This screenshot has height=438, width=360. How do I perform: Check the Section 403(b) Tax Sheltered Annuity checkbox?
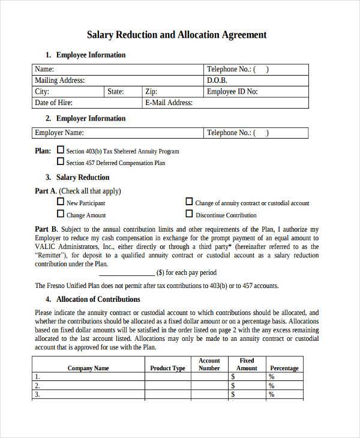[x=60, y=150]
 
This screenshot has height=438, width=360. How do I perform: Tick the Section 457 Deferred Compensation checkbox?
[x=60, y=161]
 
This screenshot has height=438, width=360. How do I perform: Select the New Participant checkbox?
[x=60, y=202]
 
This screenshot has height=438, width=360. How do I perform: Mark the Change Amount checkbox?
[x=60, y=214]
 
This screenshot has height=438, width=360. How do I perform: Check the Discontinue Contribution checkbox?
[x=189, y=214]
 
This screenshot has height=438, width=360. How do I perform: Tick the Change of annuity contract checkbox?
[x=189, y=202]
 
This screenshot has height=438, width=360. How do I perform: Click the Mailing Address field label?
[x=60, y=80]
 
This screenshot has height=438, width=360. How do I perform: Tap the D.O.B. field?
[x=256, y=80]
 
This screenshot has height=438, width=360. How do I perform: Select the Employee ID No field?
[x=256, y=92]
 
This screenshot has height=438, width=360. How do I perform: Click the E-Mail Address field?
[x=226, y=103]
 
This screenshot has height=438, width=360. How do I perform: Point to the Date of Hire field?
[x=87, y=103]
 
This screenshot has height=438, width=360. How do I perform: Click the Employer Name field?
[x=117, y=133]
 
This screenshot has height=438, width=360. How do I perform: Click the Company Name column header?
[x=88, y=368]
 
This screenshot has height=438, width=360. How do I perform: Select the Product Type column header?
[x=167, y=368]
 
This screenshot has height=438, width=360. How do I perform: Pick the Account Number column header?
[x=209, y=364]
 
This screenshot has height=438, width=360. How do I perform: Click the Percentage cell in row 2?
[x=287, y=386]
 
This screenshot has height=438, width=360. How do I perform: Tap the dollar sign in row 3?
[x=233, y=395]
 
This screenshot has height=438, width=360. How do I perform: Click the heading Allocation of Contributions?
[x=98, y=299]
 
